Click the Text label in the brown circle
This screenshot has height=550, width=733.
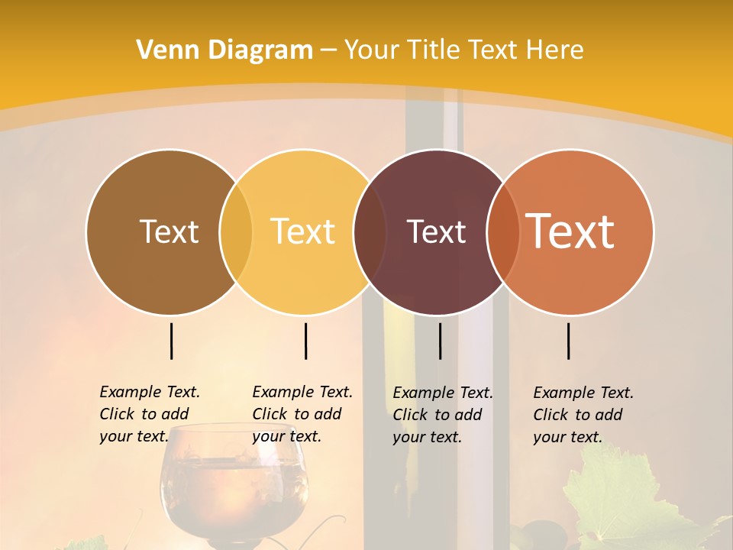[x=169, y=231]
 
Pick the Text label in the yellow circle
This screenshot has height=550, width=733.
[x=303, y=231]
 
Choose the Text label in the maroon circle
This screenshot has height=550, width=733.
[x=436, y=231]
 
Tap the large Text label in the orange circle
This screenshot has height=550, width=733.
[x=570, y=231]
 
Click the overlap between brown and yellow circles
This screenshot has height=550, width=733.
[x=236, y=231]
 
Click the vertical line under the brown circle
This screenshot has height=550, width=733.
[x=172, y=341]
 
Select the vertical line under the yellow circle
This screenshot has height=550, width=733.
[x=305, y=341]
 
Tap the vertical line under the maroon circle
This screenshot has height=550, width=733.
[x=440, y=341]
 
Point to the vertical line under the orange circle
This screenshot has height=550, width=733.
[x=569, y=341]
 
